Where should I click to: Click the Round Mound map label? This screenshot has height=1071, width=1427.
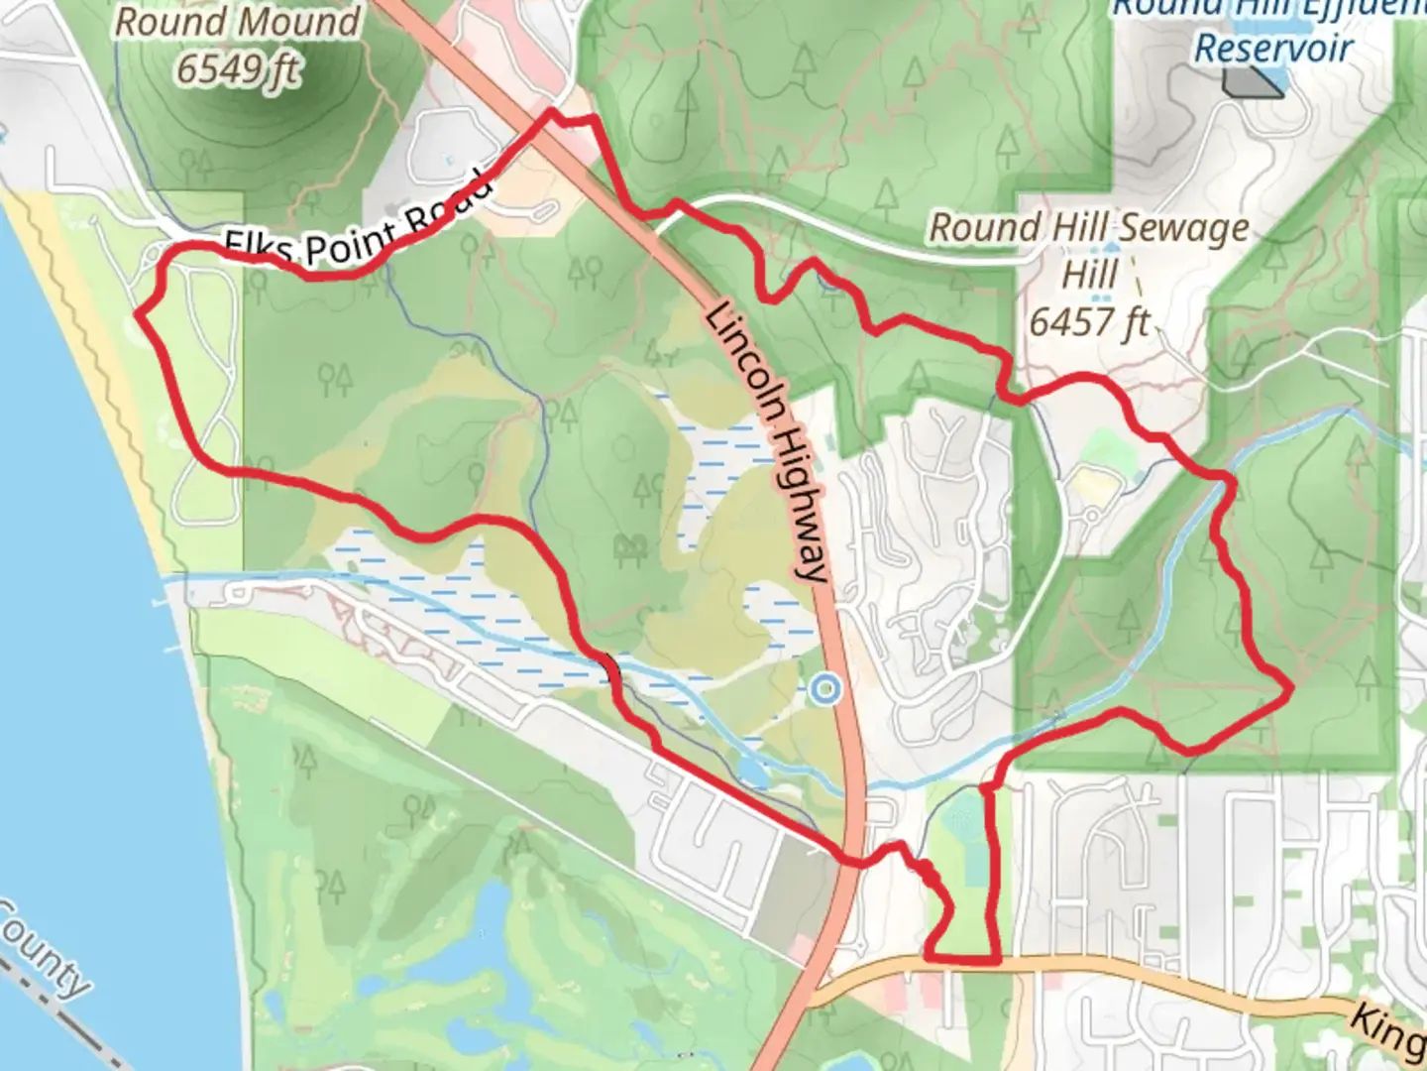[237, 22]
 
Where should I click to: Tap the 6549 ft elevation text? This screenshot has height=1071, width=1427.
[238, 68]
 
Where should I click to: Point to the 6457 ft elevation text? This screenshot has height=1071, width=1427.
[1090, 322]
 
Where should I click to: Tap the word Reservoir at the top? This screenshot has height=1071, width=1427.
[1273, 48]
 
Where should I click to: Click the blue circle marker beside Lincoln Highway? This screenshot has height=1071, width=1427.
[824, 688]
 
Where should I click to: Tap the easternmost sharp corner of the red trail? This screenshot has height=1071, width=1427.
[1292, 686]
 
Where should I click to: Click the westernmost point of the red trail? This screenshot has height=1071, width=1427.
[138, 314]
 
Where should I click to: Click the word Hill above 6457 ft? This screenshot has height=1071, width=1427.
[1090, 274]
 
